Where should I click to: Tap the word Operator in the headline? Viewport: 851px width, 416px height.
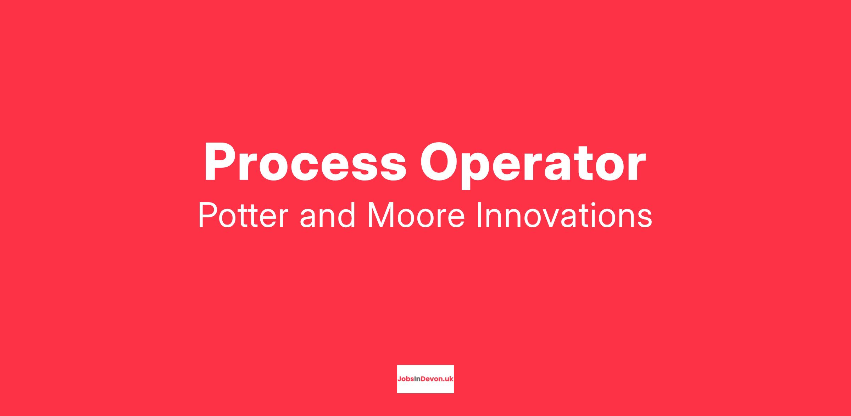click(x=533, y=165)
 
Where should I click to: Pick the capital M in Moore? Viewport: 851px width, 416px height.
click(x=381, y=215)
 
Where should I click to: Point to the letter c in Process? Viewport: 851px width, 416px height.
click(x=300, y=167)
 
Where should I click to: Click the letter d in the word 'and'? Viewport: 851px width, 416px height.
click(x=346, y=215)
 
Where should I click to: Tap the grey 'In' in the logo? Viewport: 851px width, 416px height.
click(x=417, y=379)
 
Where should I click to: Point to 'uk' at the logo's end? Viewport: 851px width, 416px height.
click(x=449, y=379)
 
